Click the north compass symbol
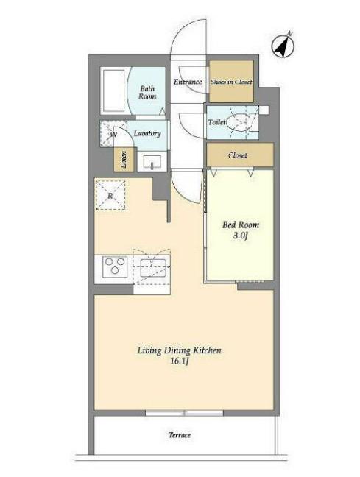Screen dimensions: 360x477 (x=283, y=46)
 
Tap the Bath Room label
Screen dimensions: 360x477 (x=147, y=93)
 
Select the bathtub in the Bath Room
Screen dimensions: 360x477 (x=113, y=91)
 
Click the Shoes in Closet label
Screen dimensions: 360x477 (x=231, y=82)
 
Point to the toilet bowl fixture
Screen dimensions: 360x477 (x=241, y=122)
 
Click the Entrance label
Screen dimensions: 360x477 (x=188, y=82)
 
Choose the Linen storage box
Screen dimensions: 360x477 (x=124, y=160)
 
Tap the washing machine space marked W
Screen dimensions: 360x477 (x=113, y=133)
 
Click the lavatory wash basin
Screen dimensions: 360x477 (x=152, y=161)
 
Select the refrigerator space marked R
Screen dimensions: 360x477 (x=110, y=195)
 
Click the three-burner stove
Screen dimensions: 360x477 (x=115, y=266)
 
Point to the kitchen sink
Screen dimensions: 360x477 (x=153, y=268)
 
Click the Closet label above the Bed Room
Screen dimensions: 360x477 (x=237, y=155)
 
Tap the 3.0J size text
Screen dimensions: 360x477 (x=241, y=236)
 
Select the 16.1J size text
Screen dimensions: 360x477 (x=180, y=361)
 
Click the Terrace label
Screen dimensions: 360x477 (x=180, y=435)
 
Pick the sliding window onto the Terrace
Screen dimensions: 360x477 (x=184, y=413)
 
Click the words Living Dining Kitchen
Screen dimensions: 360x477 (x=179, y=350)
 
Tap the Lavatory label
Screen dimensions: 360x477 (x=147, y=133)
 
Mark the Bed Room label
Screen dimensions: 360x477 (x=241, y=225)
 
